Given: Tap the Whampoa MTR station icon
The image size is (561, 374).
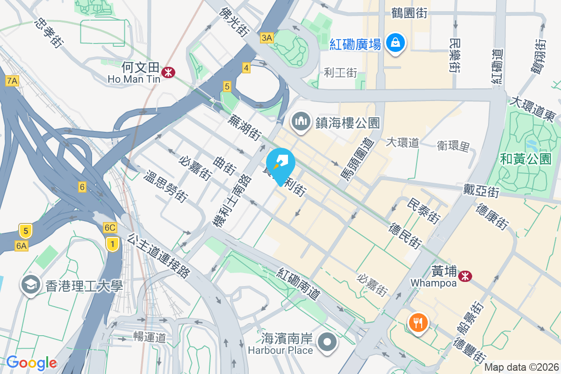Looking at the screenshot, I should click(465, 276).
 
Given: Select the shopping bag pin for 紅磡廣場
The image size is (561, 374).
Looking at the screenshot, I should click(396, 43).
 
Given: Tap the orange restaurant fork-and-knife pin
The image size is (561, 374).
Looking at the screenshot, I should click(416, 323).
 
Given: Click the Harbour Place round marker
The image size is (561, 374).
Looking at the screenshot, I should click(327, 343).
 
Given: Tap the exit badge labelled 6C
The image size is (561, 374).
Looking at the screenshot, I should click(110, 228).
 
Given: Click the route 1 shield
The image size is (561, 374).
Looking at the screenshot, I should click(112, 244).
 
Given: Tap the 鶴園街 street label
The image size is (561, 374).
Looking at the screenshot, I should click(410, 13).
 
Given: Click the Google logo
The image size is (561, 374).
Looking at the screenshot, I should click(31, 363).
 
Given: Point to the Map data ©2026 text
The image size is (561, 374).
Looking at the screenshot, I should click(521, 367).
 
